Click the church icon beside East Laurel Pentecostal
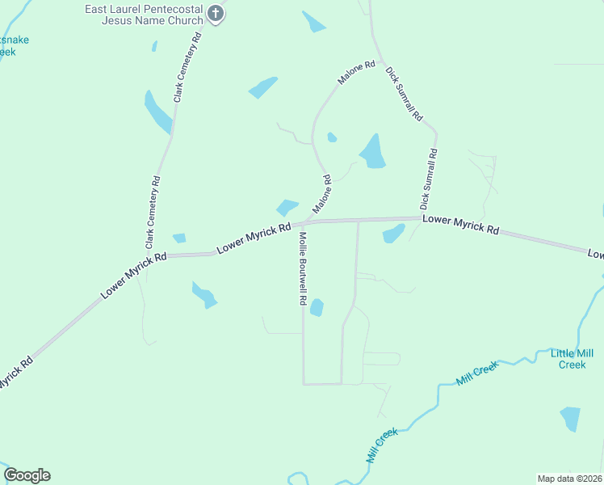(x=216, y=14)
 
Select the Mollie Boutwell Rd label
(x=300, y=268)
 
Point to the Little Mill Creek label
(x=572, y=359)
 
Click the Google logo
(x=27, y=475)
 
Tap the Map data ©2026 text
(x=569, y=479)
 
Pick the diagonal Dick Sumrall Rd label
(x=404, y=93)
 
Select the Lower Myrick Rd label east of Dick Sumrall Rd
(x=460, y=223)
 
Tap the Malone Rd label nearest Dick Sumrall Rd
(x=357, y=72)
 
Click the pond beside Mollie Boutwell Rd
(x=317, y=308)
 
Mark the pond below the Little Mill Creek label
(x=570, y=419)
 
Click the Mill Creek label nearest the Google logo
(x=383, y=445)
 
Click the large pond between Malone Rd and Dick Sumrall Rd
(x=372, y=151)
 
